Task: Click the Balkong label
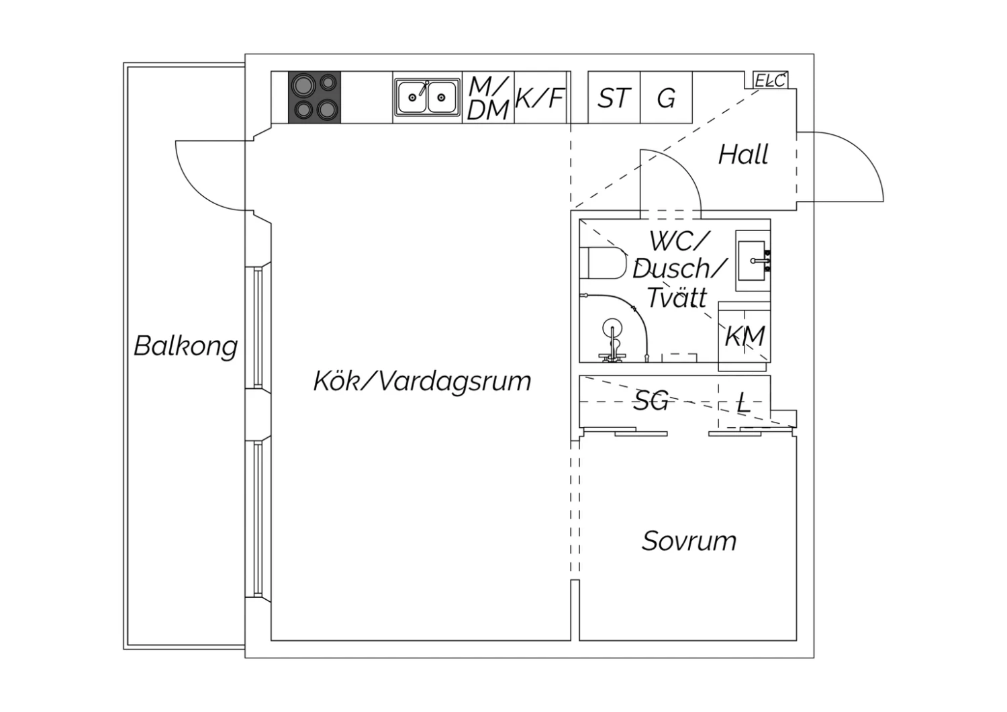[x=186, y=347]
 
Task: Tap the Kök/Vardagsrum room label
[x=422, y=381]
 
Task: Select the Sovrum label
[x=689, y=541]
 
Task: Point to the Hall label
[x=743, y=154]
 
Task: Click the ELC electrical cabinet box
[x=771, y=80]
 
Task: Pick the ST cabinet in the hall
[x=614, y=97]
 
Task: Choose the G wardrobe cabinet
[x=666, y=97]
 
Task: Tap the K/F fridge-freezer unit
[x=540, y=97]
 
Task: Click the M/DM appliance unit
[x=488, y=97]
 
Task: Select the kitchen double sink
[x=427, y=97]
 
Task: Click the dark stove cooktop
[x=314, y=97]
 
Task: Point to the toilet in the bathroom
[x=603, y=263]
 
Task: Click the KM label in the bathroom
[x=745, y=336]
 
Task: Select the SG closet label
[x=650, y=401]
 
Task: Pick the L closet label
[x=744, y=402]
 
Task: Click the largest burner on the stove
[x=303, y=85]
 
